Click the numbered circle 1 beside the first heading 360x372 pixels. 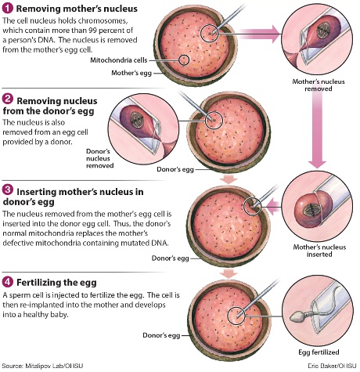point(7,8)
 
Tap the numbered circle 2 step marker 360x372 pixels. point(7,99)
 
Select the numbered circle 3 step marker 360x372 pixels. point(7,190)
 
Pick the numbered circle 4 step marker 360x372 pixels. point(7,282)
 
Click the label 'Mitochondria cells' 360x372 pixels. point(119,60)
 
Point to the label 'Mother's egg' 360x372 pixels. point(131,73)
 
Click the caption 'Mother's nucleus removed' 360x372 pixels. point(319,85)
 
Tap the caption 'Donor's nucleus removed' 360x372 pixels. point(100,158)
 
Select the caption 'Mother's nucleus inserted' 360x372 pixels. point(319,251)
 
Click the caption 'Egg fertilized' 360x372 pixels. point(319,352)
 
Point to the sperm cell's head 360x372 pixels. point(297,317)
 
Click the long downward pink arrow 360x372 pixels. point(317,130)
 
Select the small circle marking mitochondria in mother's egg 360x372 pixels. point(184,60)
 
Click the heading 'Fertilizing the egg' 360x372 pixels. point(56,282)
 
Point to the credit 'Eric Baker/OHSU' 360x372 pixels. point(332,366)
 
